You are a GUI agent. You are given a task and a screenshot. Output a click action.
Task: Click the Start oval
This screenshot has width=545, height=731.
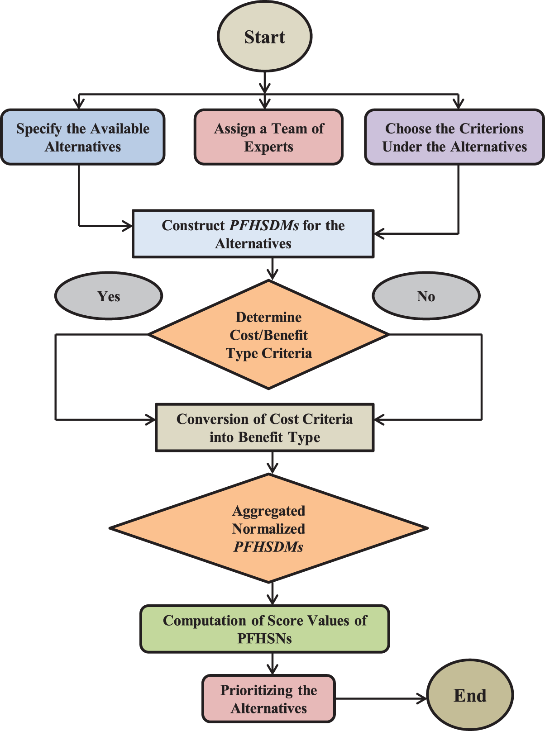click(265, 36)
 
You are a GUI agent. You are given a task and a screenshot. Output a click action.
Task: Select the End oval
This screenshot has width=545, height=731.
click(470, 695)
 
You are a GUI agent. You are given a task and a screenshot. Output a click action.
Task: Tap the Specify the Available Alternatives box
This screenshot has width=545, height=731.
click(82, 137)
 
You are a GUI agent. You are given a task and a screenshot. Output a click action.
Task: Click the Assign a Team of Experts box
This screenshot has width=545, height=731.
click(268, 137)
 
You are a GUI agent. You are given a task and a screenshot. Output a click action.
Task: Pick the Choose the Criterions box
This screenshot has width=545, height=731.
click(454, 137)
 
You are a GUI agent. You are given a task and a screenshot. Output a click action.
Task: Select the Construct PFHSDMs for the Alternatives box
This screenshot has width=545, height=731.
click(253, 234)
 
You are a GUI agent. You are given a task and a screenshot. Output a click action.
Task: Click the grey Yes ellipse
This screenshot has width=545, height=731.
click(109, 296)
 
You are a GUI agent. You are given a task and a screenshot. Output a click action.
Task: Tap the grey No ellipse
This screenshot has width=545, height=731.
click(426, 296)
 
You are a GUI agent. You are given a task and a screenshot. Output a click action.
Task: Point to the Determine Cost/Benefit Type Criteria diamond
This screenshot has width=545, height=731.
click(268, 335)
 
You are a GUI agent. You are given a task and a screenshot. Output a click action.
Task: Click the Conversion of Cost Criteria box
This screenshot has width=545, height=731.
click(265, 428)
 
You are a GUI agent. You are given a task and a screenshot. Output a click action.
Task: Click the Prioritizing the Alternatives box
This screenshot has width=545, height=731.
click(268, 699)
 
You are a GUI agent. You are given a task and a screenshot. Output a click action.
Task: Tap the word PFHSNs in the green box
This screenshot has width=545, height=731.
click(265, 638)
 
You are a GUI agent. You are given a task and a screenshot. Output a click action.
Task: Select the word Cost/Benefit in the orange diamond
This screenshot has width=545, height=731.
click(268, 335)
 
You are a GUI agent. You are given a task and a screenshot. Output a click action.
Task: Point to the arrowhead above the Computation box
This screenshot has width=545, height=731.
click(272, 600)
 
